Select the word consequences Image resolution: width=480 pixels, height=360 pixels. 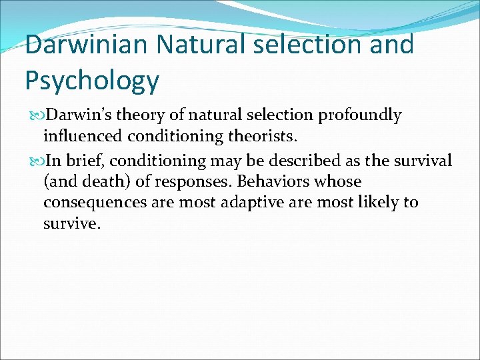click(x=93, y=202)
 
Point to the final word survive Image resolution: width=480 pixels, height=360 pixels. click(x=71, y=223)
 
